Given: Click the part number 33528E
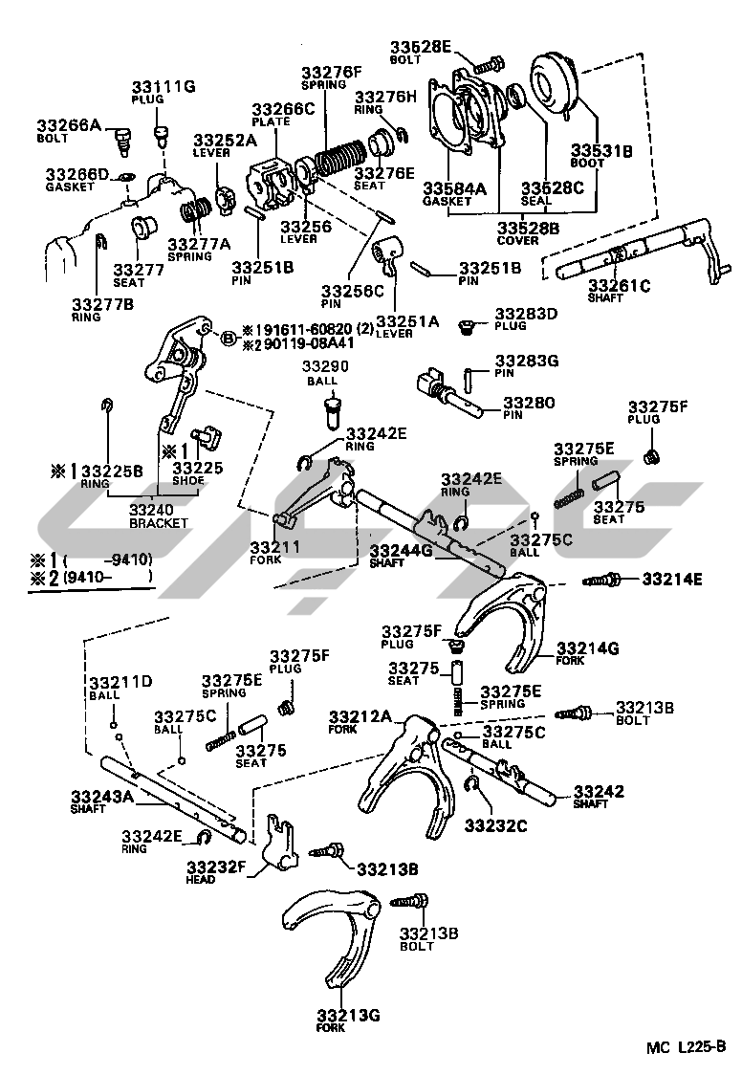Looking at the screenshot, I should pos(424,47).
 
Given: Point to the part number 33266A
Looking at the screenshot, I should pos(69,125).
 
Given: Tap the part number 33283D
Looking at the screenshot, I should pos(526,314).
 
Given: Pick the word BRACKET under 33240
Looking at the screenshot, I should pos(159,523).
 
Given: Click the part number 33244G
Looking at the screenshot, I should pos(402,550).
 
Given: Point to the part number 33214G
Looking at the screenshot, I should pos(588,648).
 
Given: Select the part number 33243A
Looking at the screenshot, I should pos(102,796).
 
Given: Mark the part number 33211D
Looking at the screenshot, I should pos(120,682).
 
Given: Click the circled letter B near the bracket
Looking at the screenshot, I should pos(228,337).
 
